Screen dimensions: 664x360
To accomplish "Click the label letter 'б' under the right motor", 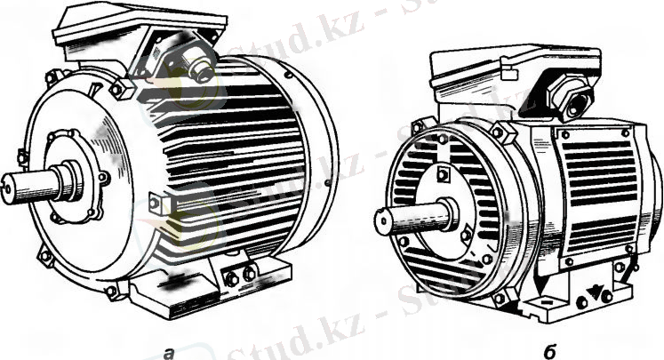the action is (x=549, y=351).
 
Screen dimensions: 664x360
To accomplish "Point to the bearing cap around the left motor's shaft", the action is (x=73, y=176).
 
